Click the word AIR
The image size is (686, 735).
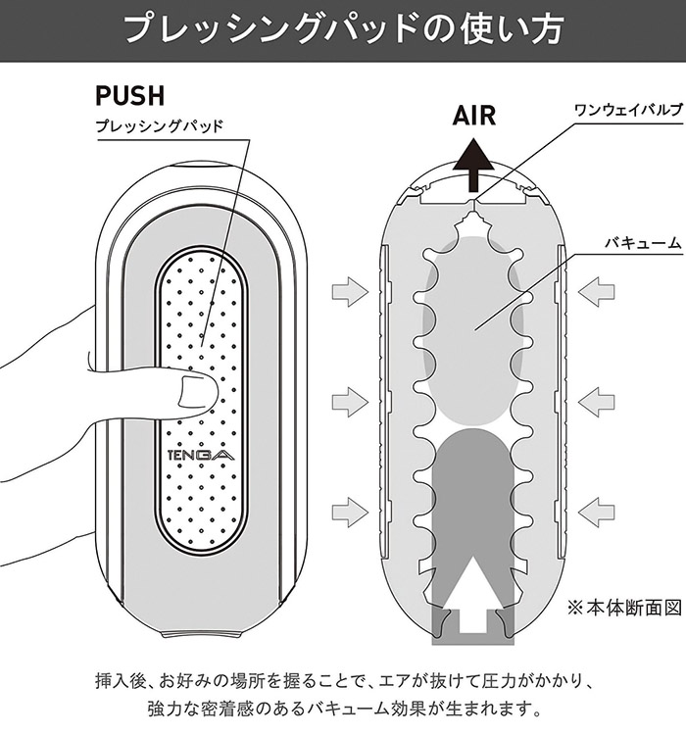pos(474,115)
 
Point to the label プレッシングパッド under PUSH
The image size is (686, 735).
pos(161,126)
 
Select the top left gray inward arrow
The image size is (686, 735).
pos(347,290)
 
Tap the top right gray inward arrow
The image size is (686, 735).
pos(598,290)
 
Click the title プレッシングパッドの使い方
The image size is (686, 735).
pos(342,30)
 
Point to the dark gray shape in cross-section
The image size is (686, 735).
pos(473,510)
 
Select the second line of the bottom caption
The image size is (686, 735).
pos(342,707)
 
